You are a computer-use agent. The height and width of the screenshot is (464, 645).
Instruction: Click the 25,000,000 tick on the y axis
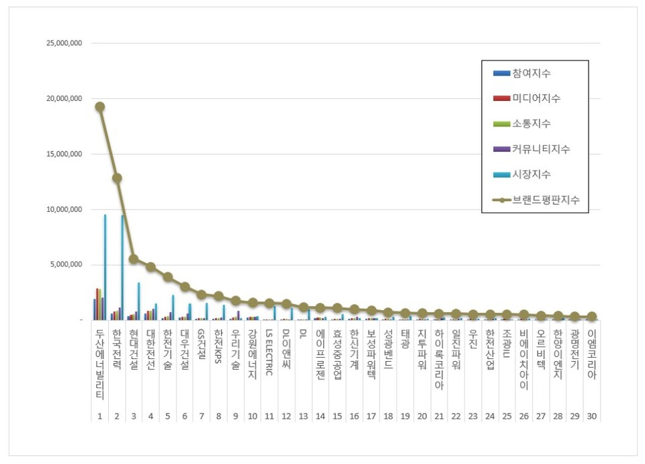62,43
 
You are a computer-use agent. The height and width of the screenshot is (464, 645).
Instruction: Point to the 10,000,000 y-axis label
62,209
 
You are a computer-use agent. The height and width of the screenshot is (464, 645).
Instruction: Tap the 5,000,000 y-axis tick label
64,264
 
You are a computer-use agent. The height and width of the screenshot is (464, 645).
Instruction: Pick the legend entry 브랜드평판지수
545,200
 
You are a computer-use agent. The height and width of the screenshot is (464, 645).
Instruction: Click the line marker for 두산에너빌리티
99,106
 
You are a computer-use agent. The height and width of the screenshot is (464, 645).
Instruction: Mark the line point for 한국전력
117,178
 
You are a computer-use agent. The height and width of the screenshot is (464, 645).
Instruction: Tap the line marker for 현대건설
134,259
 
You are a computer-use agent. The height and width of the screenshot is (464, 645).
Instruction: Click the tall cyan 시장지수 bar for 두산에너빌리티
105,267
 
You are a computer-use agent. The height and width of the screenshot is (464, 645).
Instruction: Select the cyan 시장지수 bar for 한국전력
122,267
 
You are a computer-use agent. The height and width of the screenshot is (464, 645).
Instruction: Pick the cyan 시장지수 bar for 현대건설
139,301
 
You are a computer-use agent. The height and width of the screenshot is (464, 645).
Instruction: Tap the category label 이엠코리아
591,355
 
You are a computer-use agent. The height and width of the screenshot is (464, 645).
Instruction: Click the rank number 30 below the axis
591,416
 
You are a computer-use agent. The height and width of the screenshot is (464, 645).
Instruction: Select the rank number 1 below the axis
99,416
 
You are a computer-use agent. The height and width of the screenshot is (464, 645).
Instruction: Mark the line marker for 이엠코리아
591,317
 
